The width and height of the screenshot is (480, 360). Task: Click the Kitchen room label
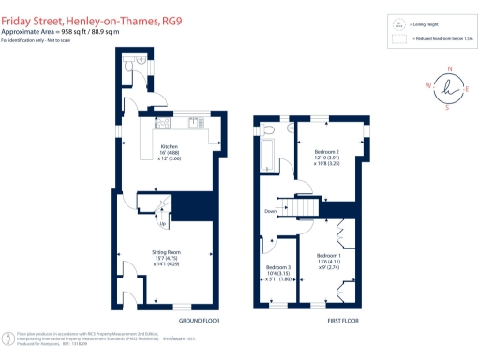pyautogui.click(x=170, y=147)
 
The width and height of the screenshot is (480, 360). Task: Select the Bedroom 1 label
pyautogui.click(x=329, y=256)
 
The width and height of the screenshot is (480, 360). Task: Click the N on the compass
pyautogui.click(x=450, y=69)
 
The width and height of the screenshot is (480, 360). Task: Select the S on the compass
pyautogui.click(x=446, y=107)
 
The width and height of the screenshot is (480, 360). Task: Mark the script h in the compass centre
pyautogui.click(x=448, y=87)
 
